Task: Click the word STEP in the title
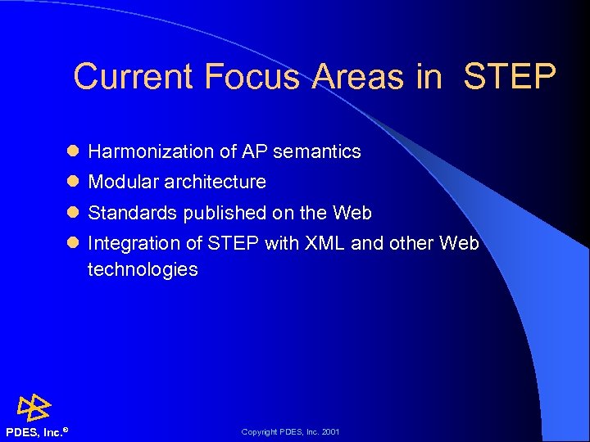tap(510, 77)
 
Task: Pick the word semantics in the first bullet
tap(317, 151)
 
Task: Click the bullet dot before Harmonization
tap(73, 151)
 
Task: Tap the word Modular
tap(122, 182)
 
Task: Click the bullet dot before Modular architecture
tap(73, 182)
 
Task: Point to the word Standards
tap(132, 213)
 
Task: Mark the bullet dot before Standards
tap(73, 213)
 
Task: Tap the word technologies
tap(143, 269)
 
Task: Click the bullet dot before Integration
tap(73, 243)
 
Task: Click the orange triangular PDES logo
tap(34, 407)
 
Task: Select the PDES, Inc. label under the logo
tap(34, 432)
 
